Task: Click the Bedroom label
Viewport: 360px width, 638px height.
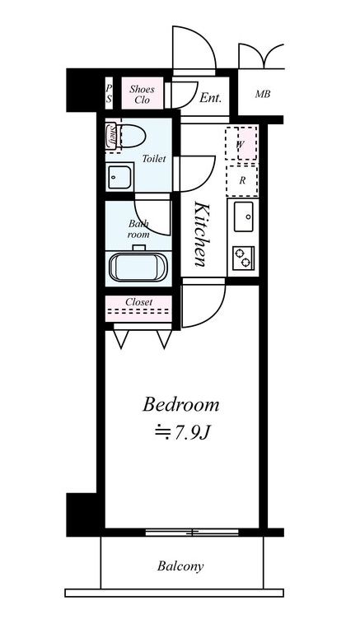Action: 180,405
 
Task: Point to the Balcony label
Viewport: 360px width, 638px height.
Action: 180,566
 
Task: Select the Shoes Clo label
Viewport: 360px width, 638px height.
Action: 143,94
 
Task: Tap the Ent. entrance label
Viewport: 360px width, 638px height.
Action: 210,98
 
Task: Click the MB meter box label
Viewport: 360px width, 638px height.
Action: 263,95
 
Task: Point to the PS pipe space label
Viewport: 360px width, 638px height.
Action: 109,93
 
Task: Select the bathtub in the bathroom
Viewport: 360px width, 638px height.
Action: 138,267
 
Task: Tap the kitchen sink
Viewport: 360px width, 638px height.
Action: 244,217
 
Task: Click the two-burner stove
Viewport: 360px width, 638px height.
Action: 244,258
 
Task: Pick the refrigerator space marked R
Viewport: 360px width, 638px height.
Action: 242,180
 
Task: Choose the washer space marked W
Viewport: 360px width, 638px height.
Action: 241,143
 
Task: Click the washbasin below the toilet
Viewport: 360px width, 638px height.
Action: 119,177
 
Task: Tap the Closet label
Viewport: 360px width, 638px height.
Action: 139,302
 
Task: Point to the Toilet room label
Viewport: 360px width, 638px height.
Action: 154,159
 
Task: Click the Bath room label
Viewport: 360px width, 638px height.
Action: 138,229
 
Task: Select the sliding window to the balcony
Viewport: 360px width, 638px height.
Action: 192,532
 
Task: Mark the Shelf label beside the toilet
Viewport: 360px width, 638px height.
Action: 110,137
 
